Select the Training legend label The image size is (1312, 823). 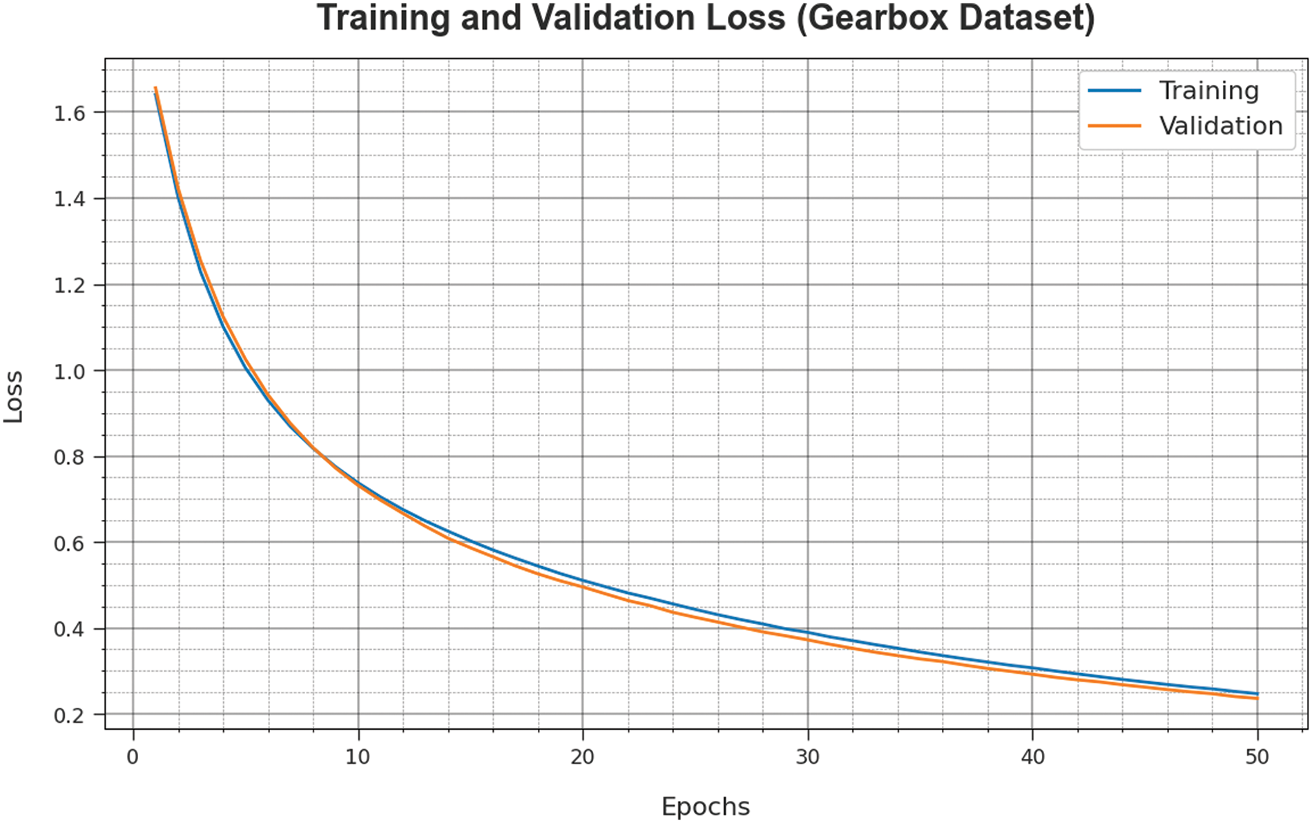coord(1208,90)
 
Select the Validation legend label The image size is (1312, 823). coord(1220,126)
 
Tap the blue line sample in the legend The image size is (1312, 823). coord(1114,90)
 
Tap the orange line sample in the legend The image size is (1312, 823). coord(1114,126)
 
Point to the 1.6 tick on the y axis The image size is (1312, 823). coord(69,113)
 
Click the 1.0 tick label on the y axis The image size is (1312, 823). coord(69,371)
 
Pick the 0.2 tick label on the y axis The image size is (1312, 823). coord(69,715)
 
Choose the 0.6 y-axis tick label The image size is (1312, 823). coord(69,543)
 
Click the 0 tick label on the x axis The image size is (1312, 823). coord(133,757)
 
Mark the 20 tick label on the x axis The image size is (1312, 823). coord(582,757)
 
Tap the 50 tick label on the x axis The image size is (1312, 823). coord(1257,757)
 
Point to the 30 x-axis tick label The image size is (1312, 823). coord(807,757)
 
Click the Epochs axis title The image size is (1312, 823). coord(705,806)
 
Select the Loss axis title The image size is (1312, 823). coord(14,396)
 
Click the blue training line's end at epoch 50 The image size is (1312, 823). coord(1257,693)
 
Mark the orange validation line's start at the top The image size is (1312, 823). coord(156,88)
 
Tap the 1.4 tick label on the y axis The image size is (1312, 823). coord(69,199)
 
